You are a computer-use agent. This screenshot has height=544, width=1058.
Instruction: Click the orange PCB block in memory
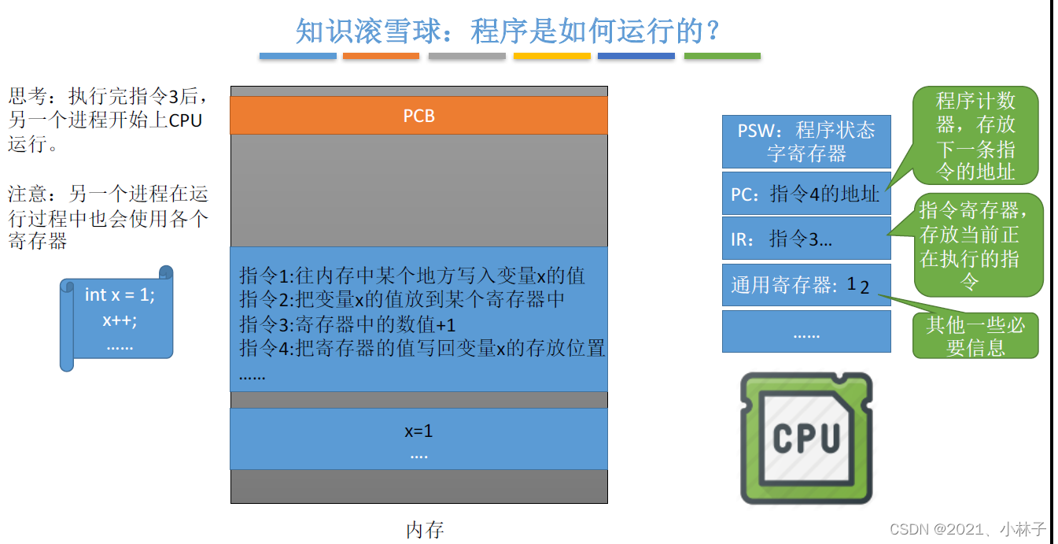point(418,116)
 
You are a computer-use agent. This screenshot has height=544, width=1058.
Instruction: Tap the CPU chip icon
point(806,439)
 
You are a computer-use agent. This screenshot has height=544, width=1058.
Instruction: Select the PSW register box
point(806,142)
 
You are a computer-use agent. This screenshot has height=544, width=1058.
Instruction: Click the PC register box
point(806,194)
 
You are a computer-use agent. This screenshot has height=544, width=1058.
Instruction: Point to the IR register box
point(806,239)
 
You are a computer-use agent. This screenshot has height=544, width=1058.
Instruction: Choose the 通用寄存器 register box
point(806,285)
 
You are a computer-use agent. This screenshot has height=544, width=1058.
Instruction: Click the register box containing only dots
point(806,332)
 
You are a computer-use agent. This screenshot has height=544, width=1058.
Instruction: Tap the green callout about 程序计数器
point(975,135)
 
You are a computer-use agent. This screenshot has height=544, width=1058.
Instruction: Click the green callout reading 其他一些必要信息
point(975,336)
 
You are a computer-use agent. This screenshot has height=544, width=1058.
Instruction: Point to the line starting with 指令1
point(412,276)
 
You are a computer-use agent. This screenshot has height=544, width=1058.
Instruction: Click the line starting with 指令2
point(402,300)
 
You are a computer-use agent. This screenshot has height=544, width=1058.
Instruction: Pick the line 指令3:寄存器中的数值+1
point(348,324)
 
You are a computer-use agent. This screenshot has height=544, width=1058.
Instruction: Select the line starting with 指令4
point(422,347)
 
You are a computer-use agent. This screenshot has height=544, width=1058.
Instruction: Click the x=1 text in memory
point(418,431)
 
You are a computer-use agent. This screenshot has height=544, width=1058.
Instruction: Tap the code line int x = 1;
point(120,294)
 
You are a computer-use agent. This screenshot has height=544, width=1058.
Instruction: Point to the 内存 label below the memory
point(425,530)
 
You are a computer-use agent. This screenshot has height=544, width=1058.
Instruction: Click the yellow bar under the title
point(551,56)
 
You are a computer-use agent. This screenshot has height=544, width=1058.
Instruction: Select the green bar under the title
point(722,56)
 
